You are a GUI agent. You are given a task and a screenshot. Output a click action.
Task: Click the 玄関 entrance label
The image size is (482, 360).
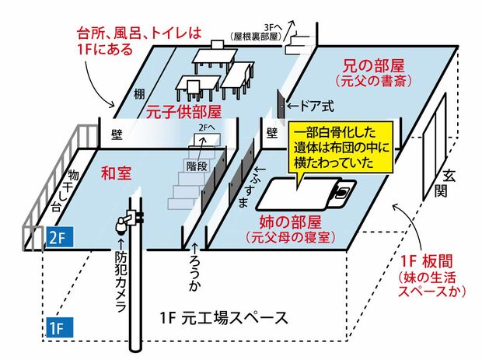point(451,183)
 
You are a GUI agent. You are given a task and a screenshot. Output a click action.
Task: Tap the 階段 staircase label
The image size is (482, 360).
point(197,166)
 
